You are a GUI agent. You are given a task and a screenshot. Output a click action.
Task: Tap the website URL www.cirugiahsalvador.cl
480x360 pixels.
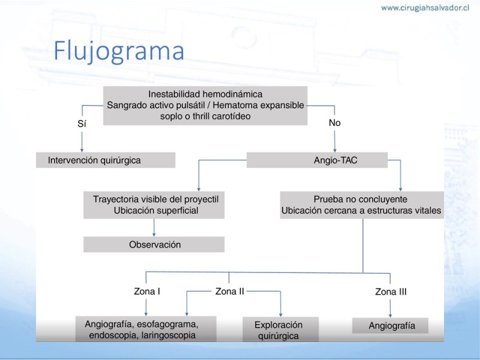(425, 8)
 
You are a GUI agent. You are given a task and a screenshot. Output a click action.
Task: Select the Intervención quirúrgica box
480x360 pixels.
(106, 160)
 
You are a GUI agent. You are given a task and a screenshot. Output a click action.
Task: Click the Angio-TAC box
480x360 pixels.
(317, 160)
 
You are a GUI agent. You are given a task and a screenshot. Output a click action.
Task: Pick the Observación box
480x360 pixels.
(154, 244)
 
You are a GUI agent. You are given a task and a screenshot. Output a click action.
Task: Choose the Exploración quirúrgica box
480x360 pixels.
(281, 329)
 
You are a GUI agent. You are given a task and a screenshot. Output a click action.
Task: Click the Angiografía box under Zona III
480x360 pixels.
(391, 326)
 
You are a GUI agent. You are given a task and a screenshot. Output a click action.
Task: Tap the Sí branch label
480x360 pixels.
(82, 124)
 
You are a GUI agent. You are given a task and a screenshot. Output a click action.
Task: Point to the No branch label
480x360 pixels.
(335, 123)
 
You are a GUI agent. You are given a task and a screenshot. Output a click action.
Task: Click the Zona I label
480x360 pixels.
(147, 291)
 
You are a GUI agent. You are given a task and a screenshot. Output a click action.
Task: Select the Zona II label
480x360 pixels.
(230, 291)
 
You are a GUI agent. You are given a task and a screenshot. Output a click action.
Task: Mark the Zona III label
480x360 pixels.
(391, 292)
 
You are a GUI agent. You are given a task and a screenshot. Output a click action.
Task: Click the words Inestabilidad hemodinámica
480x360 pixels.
(205, 94)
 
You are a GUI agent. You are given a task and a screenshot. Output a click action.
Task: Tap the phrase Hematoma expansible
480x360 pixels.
(259, 106)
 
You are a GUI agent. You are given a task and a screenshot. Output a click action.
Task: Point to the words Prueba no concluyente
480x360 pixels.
(361, 199)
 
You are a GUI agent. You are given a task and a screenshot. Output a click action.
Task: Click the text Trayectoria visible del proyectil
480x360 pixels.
(156, 199)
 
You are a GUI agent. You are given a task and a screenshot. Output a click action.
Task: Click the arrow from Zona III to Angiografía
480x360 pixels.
(390, 308)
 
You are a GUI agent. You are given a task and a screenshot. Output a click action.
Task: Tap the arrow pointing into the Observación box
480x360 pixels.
(154, 227)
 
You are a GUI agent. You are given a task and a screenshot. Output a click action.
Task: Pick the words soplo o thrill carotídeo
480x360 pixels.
(205, 116)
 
